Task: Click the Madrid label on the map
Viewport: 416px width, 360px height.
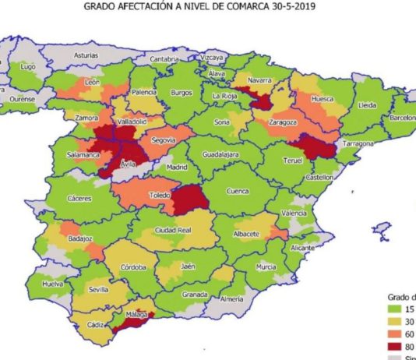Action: [179, 167]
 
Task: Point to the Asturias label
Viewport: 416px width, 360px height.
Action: [86, 56]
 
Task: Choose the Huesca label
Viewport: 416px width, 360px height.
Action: [322, 100]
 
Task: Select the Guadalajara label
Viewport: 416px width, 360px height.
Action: [219, 156]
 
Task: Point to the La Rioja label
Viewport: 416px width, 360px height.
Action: [226, 96]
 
